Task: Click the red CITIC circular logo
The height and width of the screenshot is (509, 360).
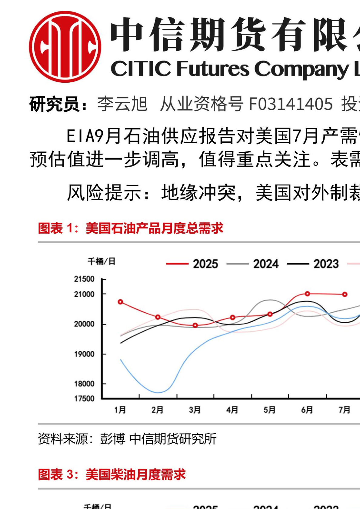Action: coord(65,47)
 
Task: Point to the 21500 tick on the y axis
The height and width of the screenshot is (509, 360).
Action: coord(84,279)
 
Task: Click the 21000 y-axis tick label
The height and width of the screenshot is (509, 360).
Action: coord(84,294)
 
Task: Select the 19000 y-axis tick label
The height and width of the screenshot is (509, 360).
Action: coord(84,354)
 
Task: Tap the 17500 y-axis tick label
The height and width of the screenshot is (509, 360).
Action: coord(84,398)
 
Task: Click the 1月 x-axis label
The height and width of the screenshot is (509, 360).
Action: coord(120,410)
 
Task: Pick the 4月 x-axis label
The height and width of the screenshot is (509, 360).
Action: coord(232,410)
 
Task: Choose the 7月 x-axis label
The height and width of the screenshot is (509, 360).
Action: coord(344,410)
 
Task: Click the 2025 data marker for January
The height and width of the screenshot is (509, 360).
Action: coord(121,302)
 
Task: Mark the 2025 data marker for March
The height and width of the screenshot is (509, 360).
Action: coord(195,325)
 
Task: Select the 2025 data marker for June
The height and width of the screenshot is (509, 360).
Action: coord(308,294)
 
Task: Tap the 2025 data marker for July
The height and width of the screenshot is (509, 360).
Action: coord(345,294)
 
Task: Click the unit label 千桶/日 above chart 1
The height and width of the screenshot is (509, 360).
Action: coord(102,261)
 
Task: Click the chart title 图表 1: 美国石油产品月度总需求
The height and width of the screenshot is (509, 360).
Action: coord(131,228)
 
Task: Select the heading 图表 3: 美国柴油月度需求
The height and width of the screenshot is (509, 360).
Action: coord(112,474)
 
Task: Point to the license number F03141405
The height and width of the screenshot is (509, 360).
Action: coord(291,104)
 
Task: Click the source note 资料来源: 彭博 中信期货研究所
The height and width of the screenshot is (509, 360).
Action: coord(127,439)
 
